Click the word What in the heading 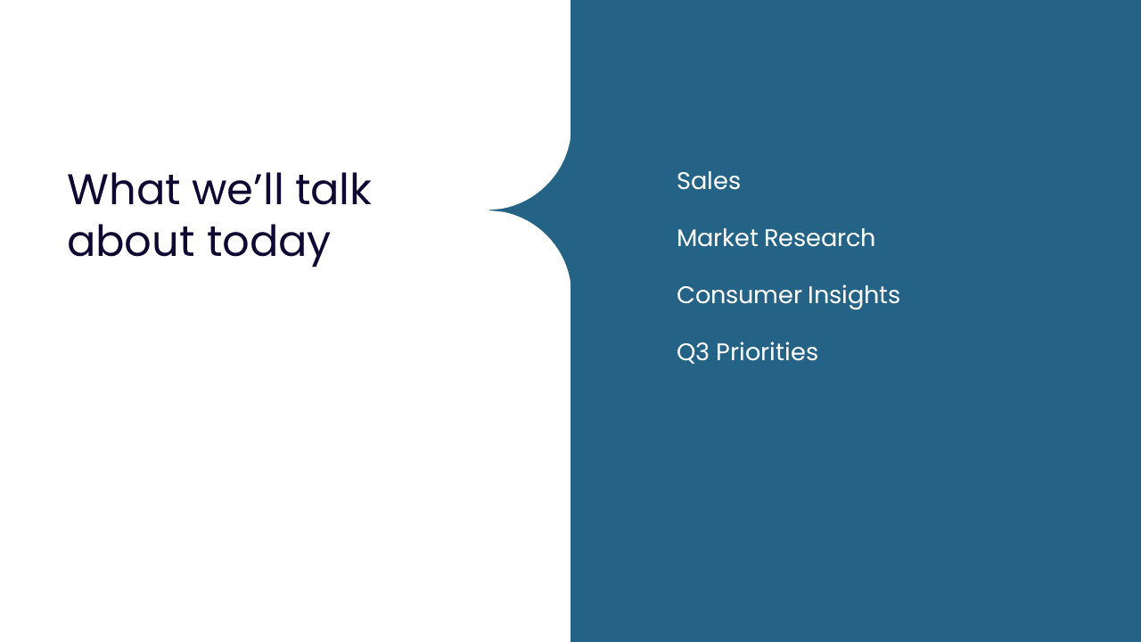tap(124, 189)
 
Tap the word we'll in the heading tap(237, 189)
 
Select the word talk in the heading tap(333, 189)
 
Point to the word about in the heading tap(131, 240)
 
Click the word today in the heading tap(269, 244)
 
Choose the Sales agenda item tap(709, 181)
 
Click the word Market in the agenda tap(718, 238)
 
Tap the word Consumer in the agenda tap(739, 295)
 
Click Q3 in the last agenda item tap(693, 352)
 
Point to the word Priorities tap(767, 352)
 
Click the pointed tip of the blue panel tap(490, 210)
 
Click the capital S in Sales tap(684, 181)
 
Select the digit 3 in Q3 tap(702, 352)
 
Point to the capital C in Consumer tap(685, 295)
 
